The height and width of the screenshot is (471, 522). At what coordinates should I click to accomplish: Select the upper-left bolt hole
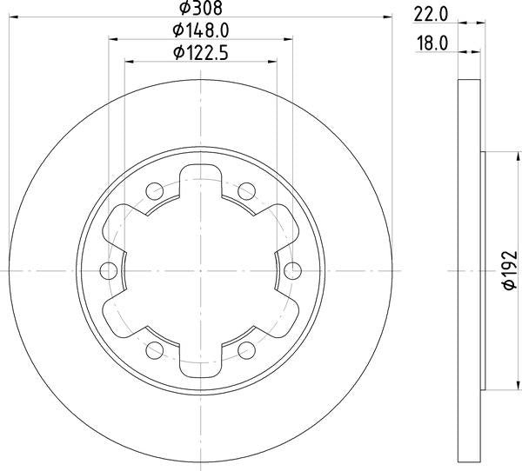[155, 189]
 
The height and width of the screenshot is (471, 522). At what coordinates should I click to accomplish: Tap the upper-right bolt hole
[246, 189]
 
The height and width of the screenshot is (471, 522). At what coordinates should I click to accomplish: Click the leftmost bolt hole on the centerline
[109, 269]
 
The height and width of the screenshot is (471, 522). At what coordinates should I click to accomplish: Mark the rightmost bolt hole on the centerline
[292, 269]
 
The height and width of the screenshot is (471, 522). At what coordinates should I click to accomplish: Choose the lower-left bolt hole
[155, 349]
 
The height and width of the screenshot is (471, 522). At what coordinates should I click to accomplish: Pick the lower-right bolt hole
[246, 349]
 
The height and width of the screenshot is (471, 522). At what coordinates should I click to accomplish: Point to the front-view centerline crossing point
[200, 269]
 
